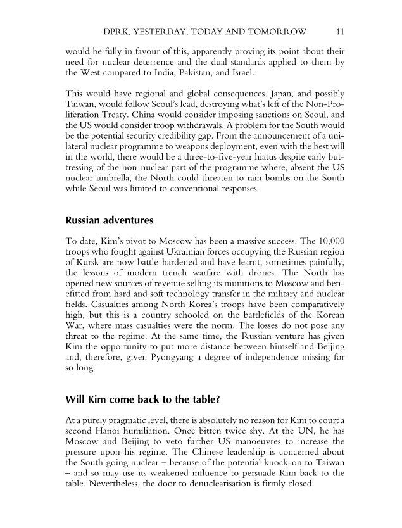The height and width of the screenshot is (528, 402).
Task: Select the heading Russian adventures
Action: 109,221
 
